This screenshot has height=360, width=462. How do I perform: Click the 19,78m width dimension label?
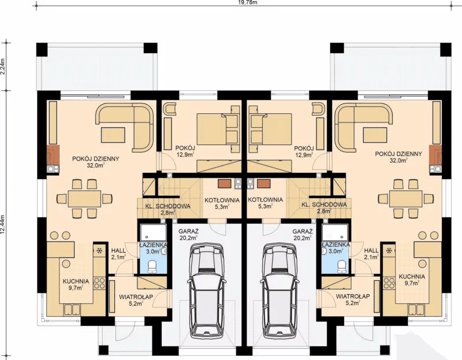tap(243, 3)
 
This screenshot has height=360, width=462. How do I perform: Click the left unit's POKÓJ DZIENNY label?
tap(96, 159)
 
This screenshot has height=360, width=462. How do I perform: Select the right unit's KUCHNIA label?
tap(412, 277)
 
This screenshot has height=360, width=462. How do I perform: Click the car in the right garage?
tap(281, 291)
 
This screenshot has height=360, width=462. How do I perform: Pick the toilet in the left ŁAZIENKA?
tap(152, 266)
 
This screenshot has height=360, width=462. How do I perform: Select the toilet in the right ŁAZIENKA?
tap(342, 266)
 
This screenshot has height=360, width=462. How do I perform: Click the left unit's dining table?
tap(84, 199)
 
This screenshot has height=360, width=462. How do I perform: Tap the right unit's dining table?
tap(406, 199)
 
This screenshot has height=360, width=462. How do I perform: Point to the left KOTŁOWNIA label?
tap(222, 200)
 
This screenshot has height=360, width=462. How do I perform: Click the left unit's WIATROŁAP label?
tap(136, 296)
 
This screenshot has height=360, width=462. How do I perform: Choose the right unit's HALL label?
tap(371, 250)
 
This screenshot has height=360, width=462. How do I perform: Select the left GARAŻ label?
tap(189, 232)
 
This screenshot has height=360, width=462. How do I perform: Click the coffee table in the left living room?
tap(113, 135)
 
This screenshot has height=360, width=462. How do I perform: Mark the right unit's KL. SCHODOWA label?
tap(324, 205)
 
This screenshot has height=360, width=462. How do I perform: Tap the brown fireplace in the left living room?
tap(53, 155)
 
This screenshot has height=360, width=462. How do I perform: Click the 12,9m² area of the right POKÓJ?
tap(304, 154)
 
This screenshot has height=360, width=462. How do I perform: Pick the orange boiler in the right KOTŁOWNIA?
tap(263, 184)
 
